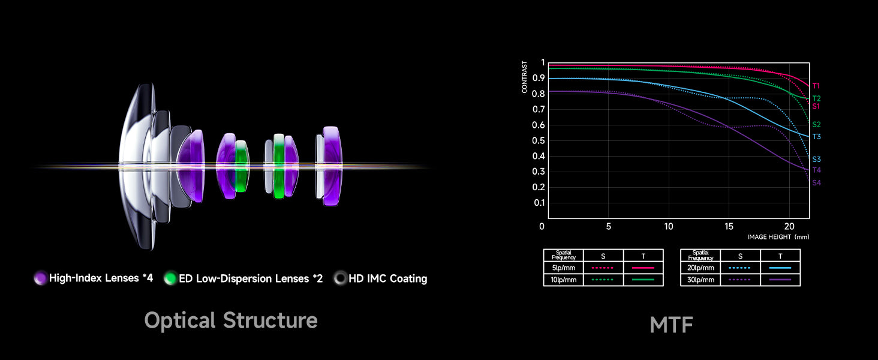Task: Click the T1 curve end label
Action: click(816, 86)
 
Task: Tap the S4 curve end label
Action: click(816, 183)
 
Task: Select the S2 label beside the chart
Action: click(816, 124)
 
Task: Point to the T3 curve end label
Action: click(816, 136)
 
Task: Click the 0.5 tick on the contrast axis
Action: click(538, 140)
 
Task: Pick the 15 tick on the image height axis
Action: click(729, 226)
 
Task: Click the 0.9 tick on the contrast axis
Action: click(538, 77)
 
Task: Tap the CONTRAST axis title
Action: click(524, 77)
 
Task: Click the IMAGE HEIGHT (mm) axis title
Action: click(778, 237)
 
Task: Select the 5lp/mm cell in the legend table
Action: click(563, 268)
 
